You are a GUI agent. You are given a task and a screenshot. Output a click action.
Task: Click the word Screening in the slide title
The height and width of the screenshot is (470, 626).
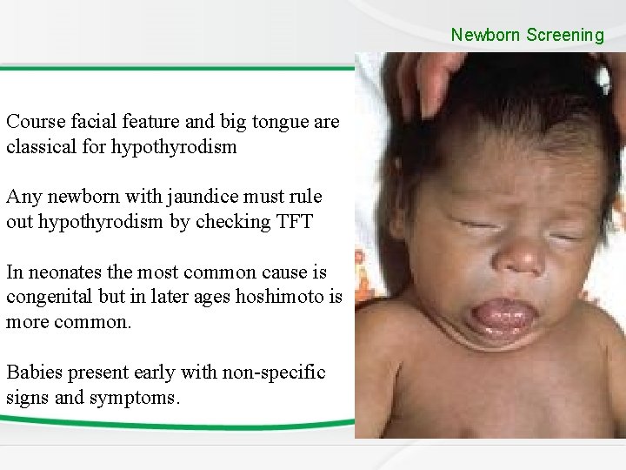[564, 36]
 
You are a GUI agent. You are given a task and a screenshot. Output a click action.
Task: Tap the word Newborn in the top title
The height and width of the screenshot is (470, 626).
[486, 36]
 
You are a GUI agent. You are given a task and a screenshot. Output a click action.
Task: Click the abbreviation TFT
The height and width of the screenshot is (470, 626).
[293, 221]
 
